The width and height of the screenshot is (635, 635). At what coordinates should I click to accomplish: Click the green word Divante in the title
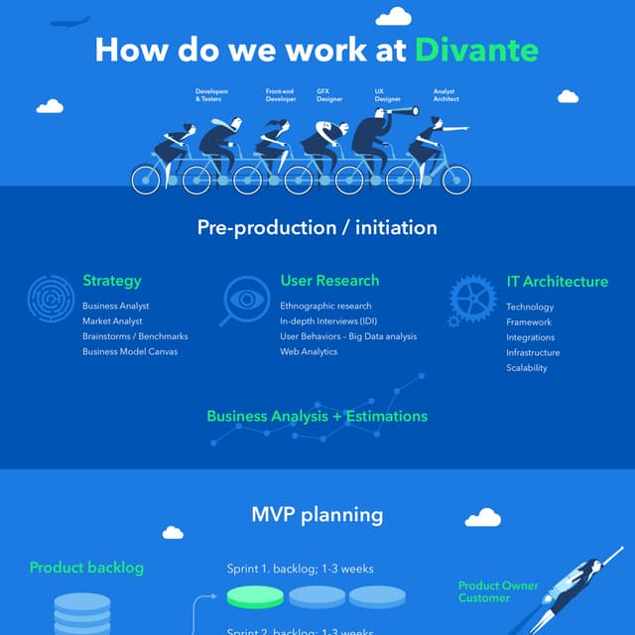pyautogui.click(x=478, y=50)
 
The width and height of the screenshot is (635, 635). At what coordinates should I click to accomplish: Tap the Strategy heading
pyautogui.click(x=111, y=281)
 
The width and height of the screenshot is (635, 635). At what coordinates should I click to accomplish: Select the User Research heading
pyautogui.click(x=329, y=281)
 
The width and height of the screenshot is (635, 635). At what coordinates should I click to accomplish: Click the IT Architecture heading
pyautogui.click(x=557, y=282)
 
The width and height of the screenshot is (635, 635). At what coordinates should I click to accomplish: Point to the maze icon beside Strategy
pyautogui.click(x=50, y=297)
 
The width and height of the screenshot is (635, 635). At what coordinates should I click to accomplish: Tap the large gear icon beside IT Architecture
pyautogui.click(x=472, y=298)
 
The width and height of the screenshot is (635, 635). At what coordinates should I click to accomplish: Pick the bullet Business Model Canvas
pyautogui.click(x=130, y=351)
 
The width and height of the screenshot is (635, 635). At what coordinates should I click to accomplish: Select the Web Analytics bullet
pyautogui.click(x=309, y=351)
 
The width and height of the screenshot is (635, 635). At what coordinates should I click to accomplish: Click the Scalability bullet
pyautogui.click(x=526, y=368)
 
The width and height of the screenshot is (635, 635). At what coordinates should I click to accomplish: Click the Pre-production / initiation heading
pyautogui.click(x=317, y=227)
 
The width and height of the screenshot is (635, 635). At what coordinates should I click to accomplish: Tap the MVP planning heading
pyautogui.click(x=317, y=514)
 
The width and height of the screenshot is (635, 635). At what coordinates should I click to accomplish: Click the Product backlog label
pyautogui.click(x=86, y=568)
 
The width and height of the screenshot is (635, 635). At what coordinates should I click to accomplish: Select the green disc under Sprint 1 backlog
pyautogui.click(x=256, y=596)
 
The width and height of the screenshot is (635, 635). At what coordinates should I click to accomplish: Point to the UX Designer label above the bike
pyautogui.click(x=387, y=95)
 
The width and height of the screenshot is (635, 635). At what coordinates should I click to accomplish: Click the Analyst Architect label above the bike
pyautogui.click(x=445, y=95)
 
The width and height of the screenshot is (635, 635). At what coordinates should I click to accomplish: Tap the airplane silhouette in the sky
pyautogui.click(x=68, y=21)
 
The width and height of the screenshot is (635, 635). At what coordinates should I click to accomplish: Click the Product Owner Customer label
pyautogui.click(x=498, y=591)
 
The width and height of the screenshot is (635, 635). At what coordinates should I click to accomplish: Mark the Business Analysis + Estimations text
pyautogui.click(x=317, y=416)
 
